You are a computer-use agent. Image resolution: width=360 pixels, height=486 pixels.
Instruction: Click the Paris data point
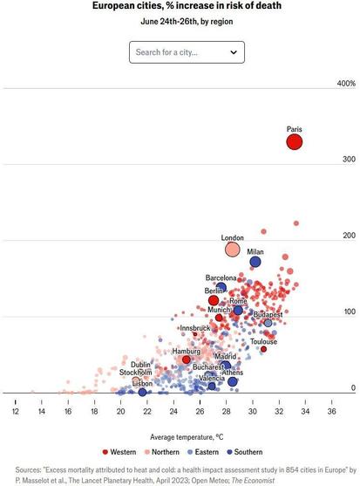[294, 142]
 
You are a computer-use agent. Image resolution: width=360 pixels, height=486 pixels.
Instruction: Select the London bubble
[232, 250]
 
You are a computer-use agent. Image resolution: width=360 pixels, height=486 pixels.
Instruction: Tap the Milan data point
[255, 262]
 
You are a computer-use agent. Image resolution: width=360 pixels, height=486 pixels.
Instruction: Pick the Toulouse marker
[263, 349]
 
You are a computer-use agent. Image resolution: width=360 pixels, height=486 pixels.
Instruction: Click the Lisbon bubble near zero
[142, 393]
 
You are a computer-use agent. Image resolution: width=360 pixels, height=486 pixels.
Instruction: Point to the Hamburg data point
[186, 359]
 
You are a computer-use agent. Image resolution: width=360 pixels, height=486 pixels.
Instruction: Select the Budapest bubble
[268, 323]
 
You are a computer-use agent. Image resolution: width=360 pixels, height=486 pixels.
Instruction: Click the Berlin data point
[214, 300]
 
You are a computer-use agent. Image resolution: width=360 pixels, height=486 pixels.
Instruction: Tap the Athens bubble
[233, 381]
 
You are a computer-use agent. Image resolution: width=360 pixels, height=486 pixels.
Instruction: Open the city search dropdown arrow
[234, 52]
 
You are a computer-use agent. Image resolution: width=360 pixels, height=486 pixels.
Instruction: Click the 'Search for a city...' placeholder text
[166, 52]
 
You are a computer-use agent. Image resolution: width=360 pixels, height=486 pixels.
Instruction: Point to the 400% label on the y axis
[346, 83]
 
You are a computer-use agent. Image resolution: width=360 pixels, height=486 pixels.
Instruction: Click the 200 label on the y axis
[350, 236]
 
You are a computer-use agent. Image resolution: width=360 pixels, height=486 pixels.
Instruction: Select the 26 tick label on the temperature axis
[200, 411]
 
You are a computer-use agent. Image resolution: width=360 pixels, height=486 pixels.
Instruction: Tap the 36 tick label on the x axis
[331, 411]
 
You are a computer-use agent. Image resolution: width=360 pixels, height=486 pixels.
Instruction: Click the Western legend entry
[119, 452]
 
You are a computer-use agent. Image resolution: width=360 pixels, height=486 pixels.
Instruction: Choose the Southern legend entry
[245, 452]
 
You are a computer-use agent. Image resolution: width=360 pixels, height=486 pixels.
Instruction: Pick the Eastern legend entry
[203, 452]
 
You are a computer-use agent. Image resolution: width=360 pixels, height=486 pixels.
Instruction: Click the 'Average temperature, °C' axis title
[187, 437]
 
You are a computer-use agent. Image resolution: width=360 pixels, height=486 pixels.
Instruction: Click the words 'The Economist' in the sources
[253, 481]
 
